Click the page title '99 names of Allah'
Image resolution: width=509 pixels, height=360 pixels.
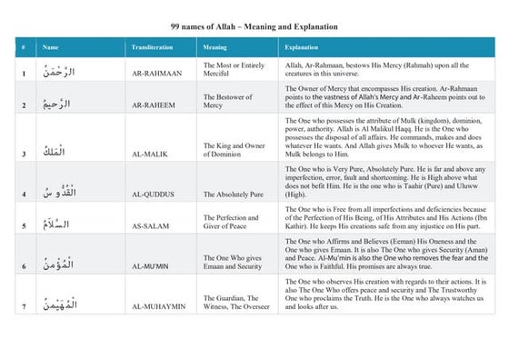(x=254, y=27)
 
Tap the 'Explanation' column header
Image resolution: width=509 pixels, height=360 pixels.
(x=302, y=46)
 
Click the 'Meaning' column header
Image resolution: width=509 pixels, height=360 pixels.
(x=215, y=46)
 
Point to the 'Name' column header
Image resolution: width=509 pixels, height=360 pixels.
(x=51, y=46)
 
